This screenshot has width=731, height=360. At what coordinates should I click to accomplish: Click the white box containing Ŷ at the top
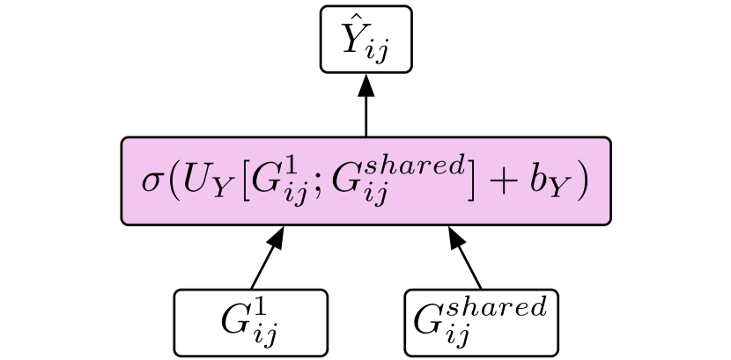pos(365,39)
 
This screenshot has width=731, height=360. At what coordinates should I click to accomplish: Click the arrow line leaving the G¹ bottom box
pos(264,264)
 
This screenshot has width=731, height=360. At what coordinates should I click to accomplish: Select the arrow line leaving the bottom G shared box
pos(469,264)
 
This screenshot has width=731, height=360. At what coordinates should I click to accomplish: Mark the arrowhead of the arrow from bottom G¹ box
pos(278,235)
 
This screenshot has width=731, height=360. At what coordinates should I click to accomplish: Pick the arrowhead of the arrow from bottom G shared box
pos(454,235)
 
